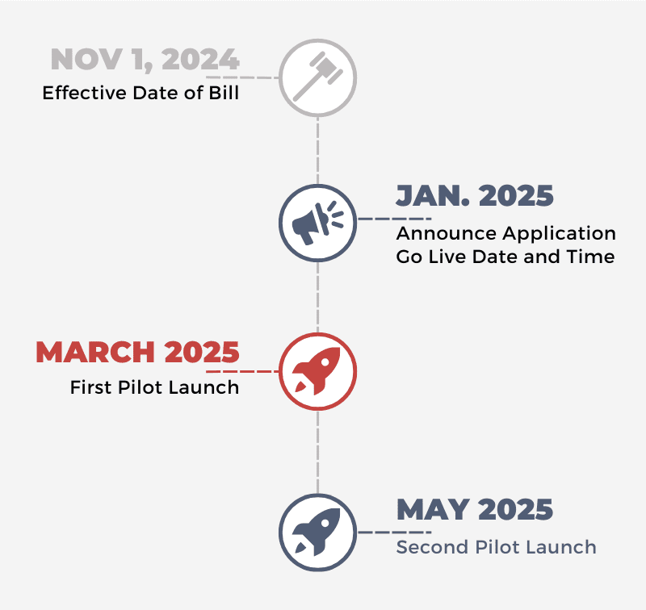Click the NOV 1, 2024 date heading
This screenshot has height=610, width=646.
[145, 60]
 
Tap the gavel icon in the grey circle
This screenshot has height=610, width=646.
[317, 77]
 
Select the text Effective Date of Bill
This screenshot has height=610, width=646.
[141, 93]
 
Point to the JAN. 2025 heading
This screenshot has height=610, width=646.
[475, 195]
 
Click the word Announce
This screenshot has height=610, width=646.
[447, 233]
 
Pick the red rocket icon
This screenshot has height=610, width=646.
[317, 371]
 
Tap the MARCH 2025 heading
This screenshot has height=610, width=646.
[137, 352]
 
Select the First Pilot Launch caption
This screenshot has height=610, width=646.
[154, 387]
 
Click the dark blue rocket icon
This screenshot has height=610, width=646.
[317, 532]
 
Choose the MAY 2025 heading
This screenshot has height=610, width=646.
[475, 510]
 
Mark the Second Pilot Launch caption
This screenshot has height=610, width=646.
[496, 547]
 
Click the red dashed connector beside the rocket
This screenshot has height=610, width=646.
[243, 371]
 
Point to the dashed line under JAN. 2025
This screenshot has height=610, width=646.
[395, 219]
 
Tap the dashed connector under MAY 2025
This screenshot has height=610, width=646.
[395, 533]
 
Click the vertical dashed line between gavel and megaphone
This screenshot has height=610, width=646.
[317, 151]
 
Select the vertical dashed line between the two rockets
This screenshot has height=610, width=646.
[317, 452]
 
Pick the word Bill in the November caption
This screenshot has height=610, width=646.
[224, 93]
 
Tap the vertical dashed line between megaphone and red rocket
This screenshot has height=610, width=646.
[317, 297]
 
